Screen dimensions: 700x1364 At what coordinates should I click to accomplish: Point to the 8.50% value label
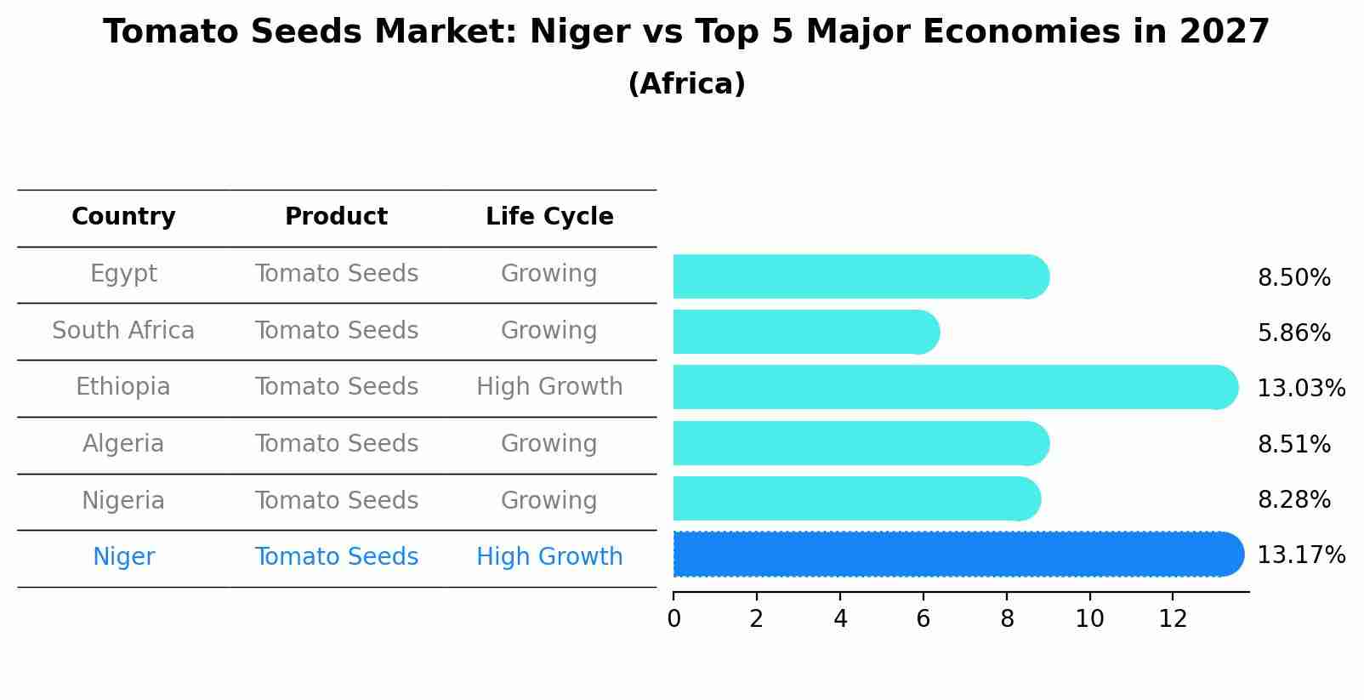1293,278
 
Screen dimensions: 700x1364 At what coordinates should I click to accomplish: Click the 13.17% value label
1300,555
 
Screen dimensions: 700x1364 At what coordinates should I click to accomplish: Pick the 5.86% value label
1293,333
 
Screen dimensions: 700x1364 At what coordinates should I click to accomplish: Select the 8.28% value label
1293,500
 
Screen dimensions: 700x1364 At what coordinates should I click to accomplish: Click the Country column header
123,217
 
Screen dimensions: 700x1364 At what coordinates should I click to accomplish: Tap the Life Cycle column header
549,217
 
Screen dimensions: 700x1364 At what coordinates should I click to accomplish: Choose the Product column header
336,217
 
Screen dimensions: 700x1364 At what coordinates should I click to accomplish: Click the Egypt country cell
123,274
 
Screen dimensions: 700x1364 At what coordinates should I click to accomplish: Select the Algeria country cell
123,444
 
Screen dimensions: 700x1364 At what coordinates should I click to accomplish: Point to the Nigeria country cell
123,501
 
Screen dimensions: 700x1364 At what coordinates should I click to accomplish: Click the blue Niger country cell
123,557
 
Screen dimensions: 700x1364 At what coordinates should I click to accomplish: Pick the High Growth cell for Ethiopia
549,387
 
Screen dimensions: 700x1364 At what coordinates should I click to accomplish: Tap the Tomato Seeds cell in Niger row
336,557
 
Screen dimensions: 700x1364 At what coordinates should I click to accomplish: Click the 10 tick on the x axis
1089,619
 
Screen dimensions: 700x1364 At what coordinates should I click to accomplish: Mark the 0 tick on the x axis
673,619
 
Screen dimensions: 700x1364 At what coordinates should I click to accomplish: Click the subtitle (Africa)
686,84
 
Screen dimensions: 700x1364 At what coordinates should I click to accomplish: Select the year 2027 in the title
1224,32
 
